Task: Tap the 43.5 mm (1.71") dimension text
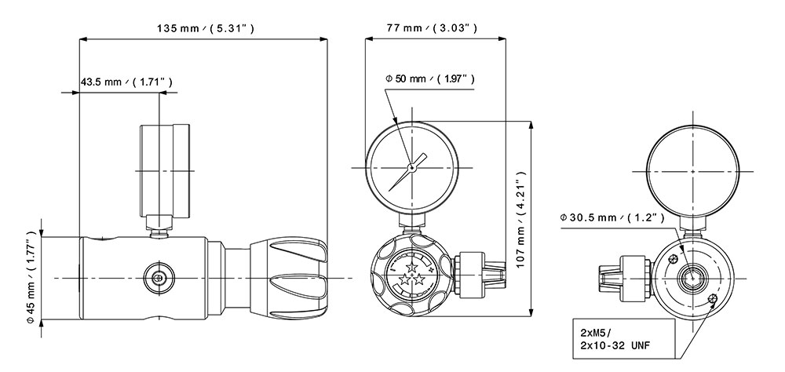pos(126,82)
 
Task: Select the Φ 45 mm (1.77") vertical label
pos(31,276)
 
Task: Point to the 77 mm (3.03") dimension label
pos(432,28)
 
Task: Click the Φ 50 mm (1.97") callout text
pos(429,78)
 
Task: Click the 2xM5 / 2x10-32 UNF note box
pos(624,338)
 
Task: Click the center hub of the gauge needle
pos(411,168)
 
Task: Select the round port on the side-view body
pos(159,277)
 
